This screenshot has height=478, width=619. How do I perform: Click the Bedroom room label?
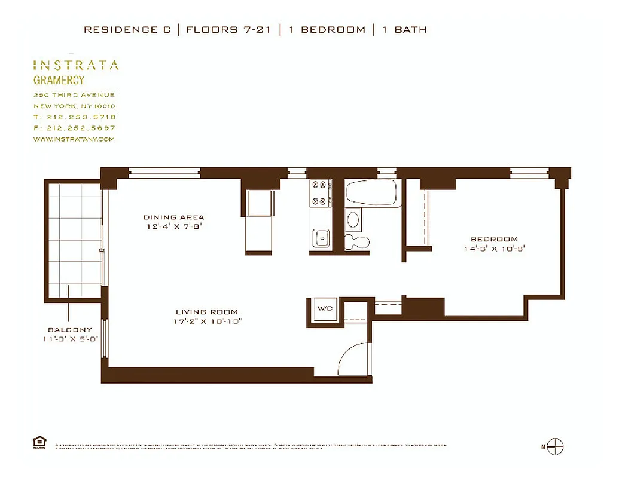[x=493, y=239]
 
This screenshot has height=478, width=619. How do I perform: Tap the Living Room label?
[x=206, y=312]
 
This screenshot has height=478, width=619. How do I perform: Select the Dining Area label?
[x=173, y=217]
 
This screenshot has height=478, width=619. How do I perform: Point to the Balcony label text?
[x=70, y=330]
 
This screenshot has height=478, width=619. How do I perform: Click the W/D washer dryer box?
[x=325, y=310]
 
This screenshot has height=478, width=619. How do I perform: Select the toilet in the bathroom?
[x=357, y=241]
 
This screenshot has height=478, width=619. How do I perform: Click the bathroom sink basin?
[x=353, y=219]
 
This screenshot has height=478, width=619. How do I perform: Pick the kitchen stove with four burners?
[x=321, y=193]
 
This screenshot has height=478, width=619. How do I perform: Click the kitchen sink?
[x=321, y=238]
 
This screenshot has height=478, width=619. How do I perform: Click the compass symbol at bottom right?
[x=556, y=446]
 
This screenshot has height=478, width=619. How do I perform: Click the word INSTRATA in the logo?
[x=75, y=65]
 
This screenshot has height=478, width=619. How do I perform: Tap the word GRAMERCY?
[x=59, y=81]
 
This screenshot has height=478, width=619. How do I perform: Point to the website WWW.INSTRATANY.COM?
[x=74, y=139]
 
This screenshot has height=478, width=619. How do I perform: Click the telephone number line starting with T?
[x=75, y=117]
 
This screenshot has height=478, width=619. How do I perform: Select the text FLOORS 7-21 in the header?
[x=228, y=29]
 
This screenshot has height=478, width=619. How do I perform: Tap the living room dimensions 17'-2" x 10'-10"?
[x=206, y=321]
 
